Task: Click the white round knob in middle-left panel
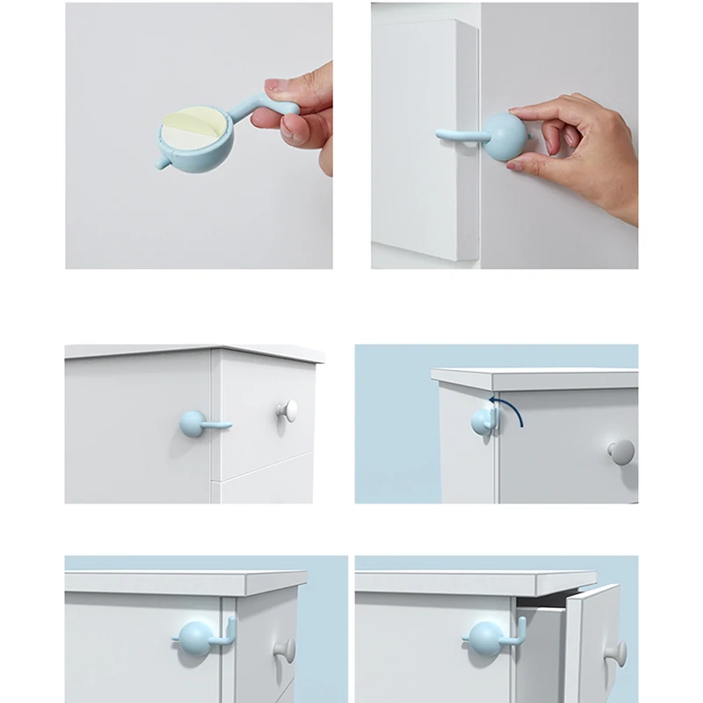click(287, 409)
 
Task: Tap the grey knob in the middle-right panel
click(620, 452)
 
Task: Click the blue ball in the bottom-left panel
click(196, 638)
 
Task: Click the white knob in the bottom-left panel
click(285, 650)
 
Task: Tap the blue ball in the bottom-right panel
click(485, 638)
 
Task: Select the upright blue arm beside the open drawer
click(520, 629)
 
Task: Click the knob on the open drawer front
click(616, 652)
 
